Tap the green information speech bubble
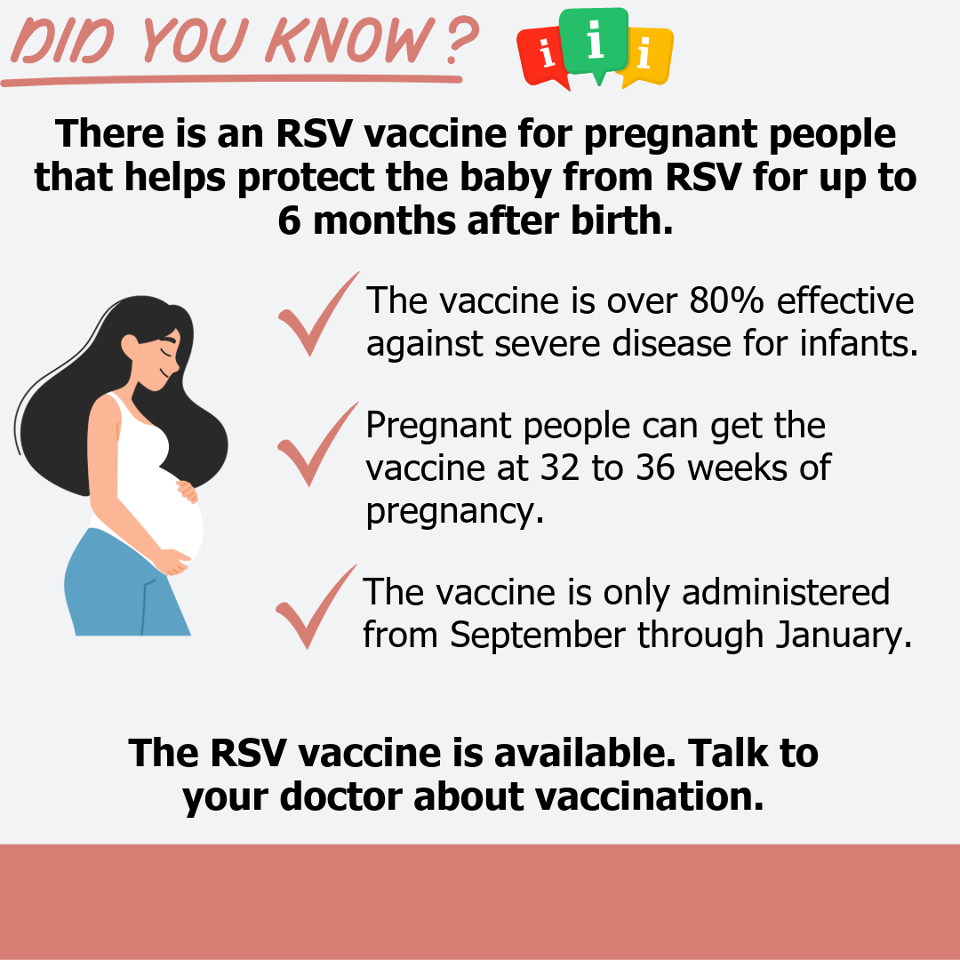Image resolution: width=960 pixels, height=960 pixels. pyautogui.click(x=594, y=42)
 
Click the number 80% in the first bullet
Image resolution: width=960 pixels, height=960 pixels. pyautogui.click(x=727, y=300)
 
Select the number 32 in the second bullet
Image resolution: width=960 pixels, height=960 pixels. pyautogui.click(x=560, y=468)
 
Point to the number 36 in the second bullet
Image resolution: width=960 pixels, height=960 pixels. pyautogui.click(x=655, y=468)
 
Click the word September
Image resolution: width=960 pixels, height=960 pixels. pyautogui.click(x=538, y=636)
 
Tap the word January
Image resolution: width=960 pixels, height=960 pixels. pyautogui.click(x=844, y=635)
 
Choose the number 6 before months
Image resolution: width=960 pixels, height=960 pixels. pyautogui.click(x=290, y=221)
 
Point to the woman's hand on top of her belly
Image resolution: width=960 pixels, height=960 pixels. pyautogui.click(x=188, y=491)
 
